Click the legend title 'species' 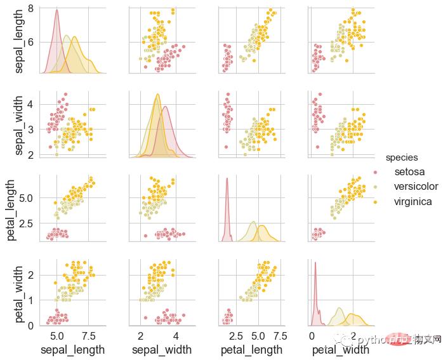coord(401,157)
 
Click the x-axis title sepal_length coord(72,350)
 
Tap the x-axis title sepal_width coord(162,350)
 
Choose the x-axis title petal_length coord(251,350)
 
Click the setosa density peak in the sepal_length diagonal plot coord(56,10)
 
